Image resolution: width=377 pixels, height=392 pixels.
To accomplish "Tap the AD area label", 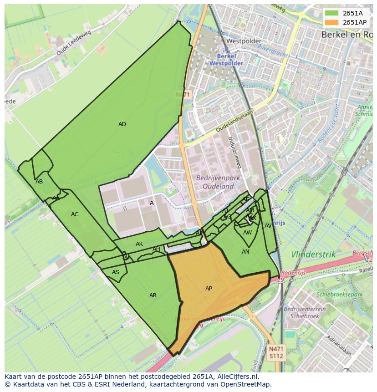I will [122, 124].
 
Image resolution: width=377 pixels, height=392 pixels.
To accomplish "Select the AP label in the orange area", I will [209, 289].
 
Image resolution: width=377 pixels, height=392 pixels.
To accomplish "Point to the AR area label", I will [153, 295].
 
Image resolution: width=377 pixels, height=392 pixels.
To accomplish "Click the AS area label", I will [116, 272].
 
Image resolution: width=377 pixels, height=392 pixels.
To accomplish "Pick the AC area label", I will [75, 214].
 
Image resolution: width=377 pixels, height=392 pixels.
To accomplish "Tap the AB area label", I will [39, 182].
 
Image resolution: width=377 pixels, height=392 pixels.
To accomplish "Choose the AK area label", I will [139, 244].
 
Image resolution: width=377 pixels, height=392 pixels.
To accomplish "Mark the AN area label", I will [245, 252].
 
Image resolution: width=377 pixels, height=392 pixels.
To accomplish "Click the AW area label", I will [247, 233].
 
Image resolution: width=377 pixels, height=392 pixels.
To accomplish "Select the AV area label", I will [268, 226].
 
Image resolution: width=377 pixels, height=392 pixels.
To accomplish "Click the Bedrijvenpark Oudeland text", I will [215, 182].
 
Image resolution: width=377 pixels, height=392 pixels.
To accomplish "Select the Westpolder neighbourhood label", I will [239, 41].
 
